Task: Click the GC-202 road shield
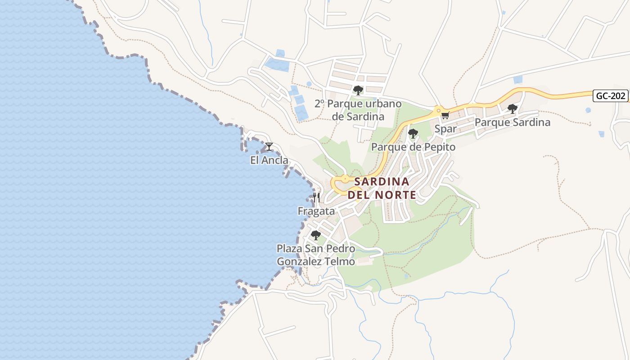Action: pyautogui.click(x=610, y=96)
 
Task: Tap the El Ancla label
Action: pyautogui.click(x=269, y=160)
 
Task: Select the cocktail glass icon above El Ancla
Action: pyautogui.click(x=269, y=146)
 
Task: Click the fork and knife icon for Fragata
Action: pyautogui.click(x=316, y=198)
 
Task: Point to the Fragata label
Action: pyautogui.click(x=316, y=211)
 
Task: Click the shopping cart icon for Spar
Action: pyautogui.click(x=445, y=115)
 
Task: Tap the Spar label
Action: pyautogui.click(x=445, y=129)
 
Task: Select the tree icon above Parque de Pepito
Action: pyautogui.click(x=413, y=134)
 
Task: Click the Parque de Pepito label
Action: pyautogui.click(x=413, y=147)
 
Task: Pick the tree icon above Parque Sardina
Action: pyautogui.click(x=512, y=108)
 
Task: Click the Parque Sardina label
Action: pyautogui.click(x=512, y=122)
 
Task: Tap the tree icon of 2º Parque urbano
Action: pyautogui.click(x=358, y=90)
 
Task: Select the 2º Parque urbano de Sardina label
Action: pyautogui.click(x=358, y=110)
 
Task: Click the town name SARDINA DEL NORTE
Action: pyautogui.click(x=382, y=188)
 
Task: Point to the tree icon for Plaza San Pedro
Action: pyautogui.click(x=316, y=235)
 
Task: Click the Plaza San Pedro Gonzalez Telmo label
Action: pyautogui.click(x=316, y=255)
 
